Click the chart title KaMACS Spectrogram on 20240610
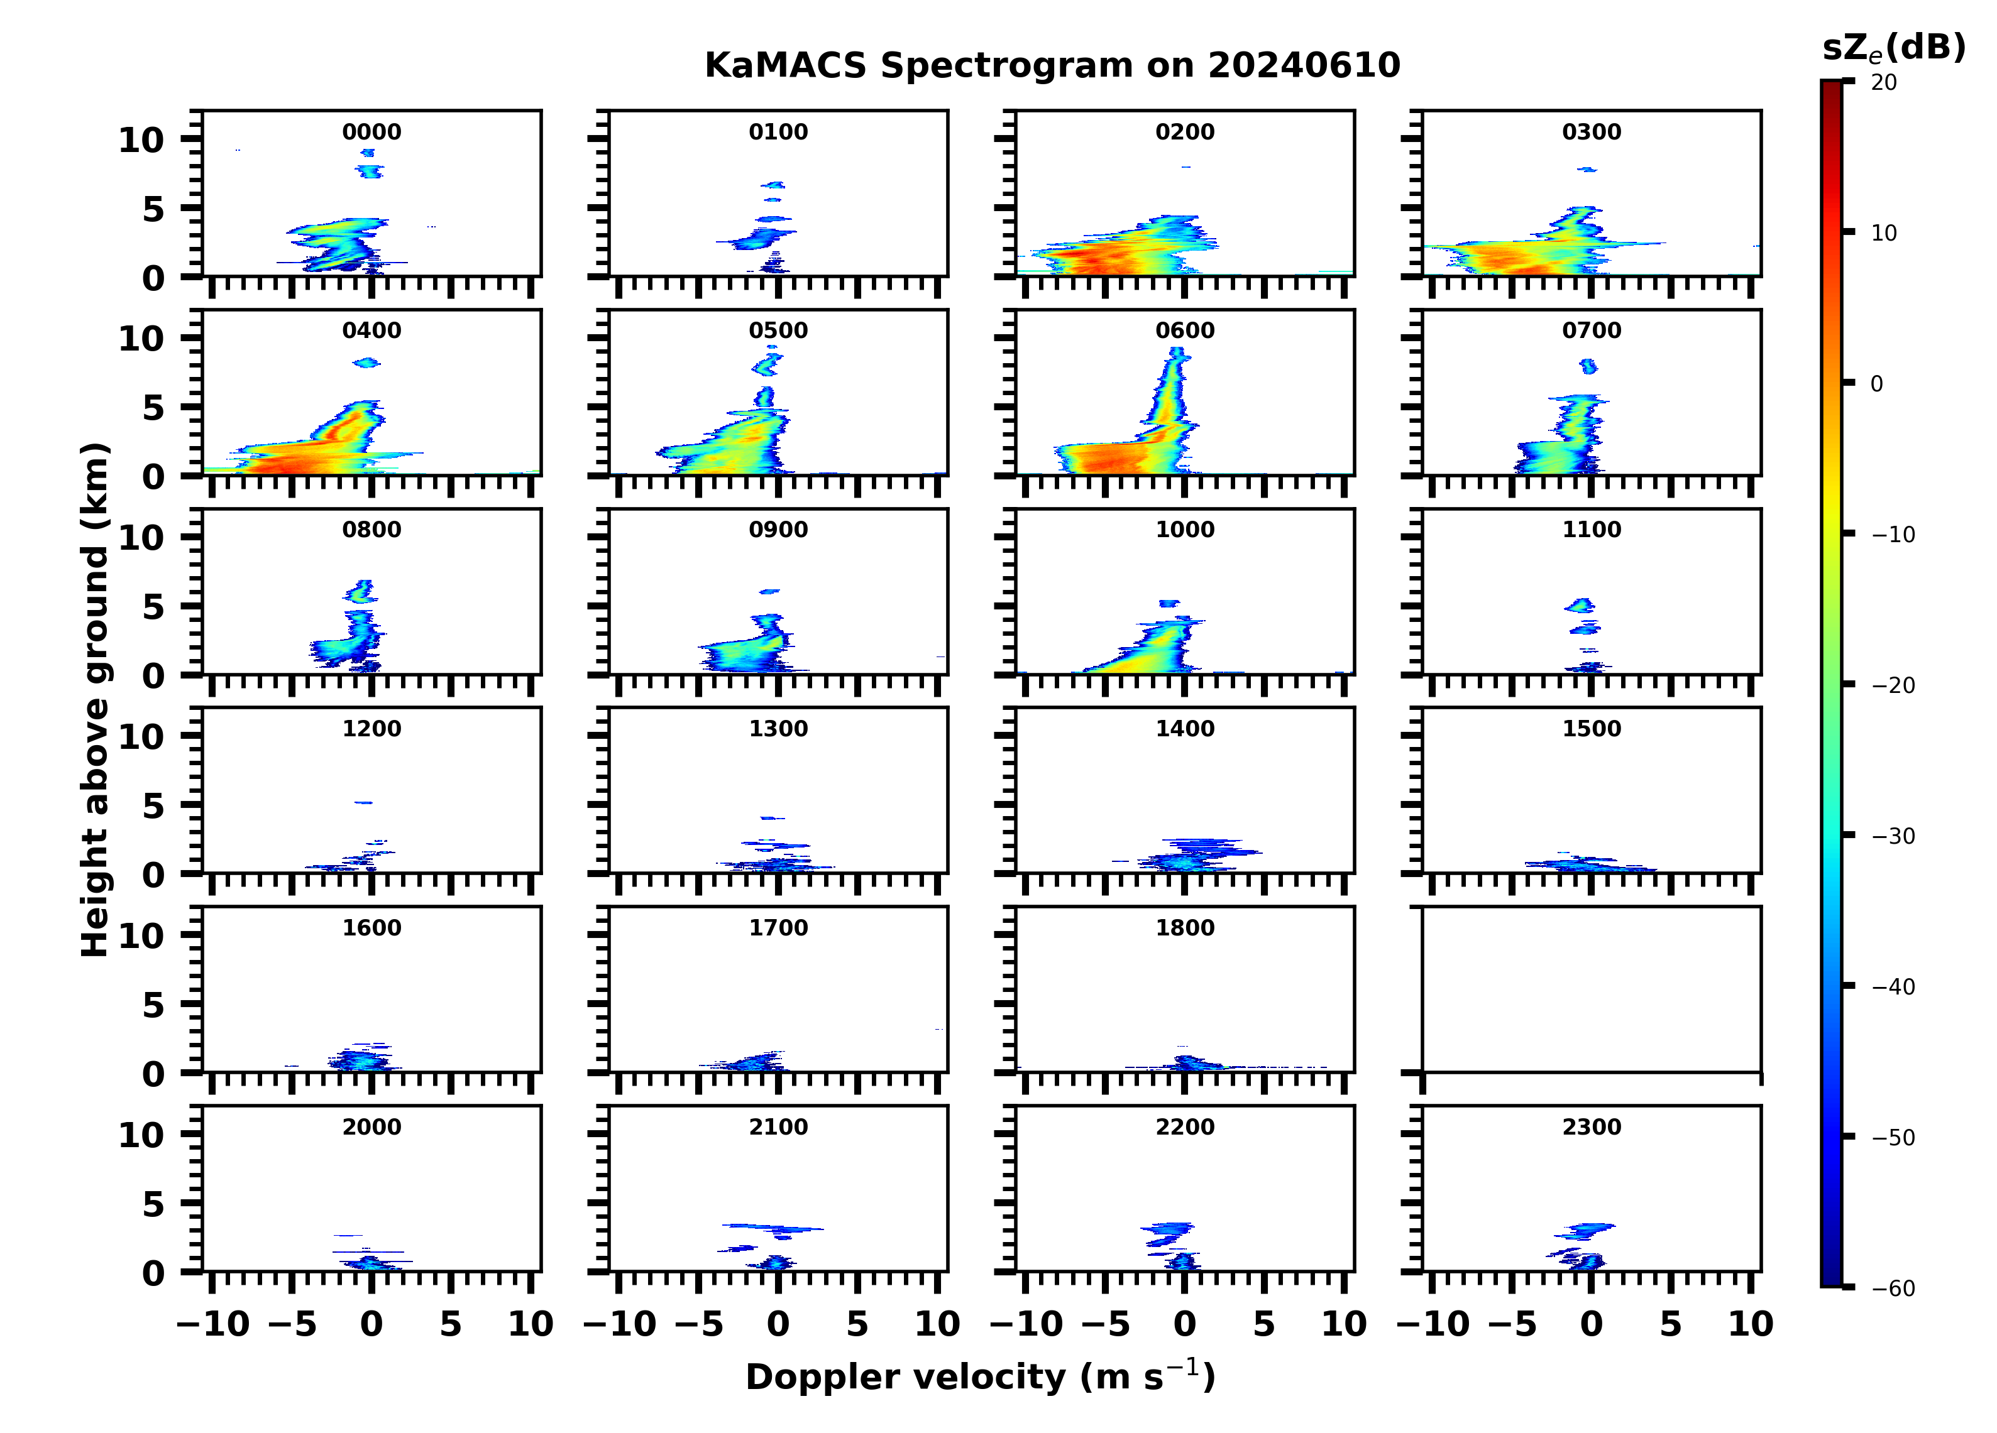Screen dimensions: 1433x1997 1052,66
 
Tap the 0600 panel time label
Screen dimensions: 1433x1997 1184,331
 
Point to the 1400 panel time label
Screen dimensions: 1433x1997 1184,729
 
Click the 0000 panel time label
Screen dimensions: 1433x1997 371,132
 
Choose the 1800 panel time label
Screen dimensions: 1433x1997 1184,928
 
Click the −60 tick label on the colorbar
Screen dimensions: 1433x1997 1893,1289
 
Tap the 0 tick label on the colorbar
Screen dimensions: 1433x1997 1876,384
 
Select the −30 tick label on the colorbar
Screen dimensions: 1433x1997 1893,836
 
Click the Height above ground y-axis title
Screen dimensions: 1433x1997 95,700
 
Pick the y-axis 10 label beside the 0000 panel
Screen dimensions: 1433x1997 141,140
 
